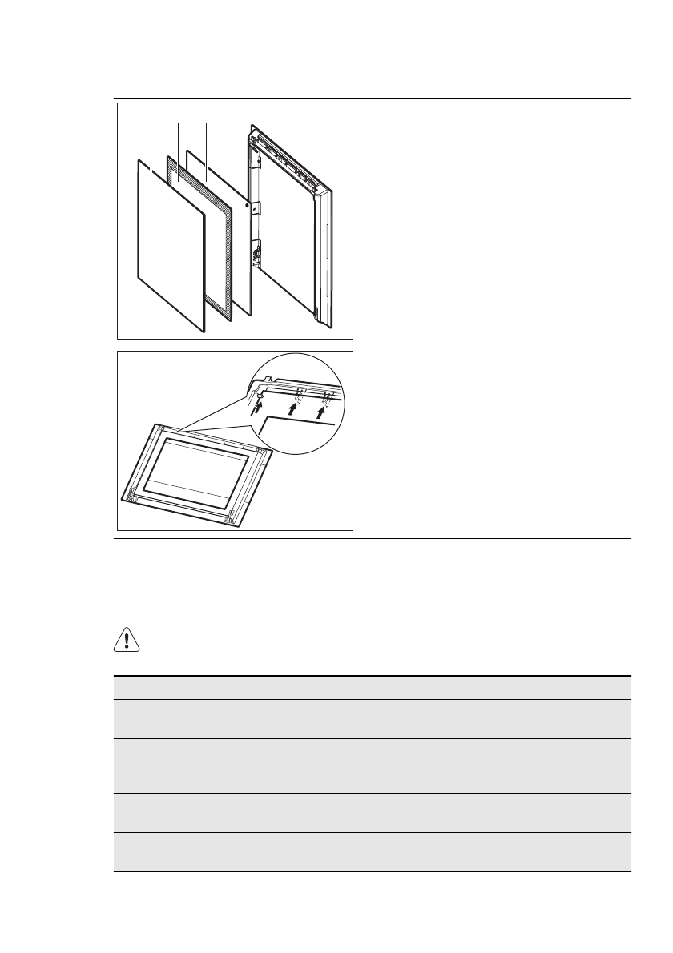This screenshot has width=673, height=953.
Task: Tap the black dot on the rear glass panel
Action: click(x=247, y=206)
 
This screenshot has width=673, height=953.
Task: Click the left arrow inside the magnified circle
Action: click(x=256, y=409)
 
